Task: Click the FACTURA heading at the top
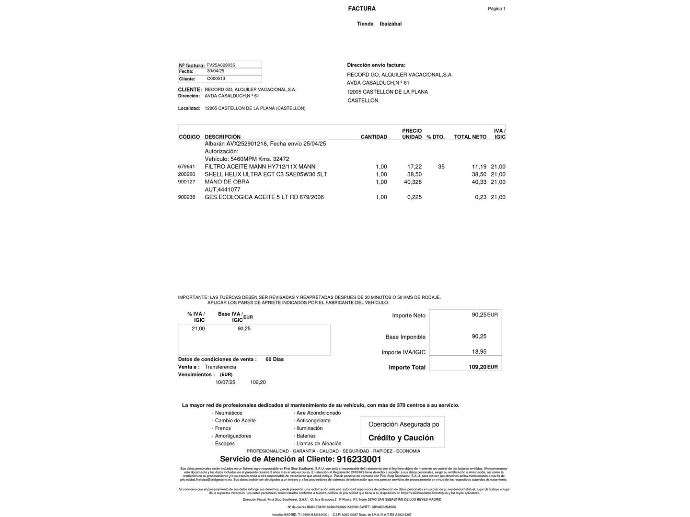pyautogui.click(x=362, y=9)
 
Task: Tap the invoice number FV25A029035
pyautogui.click(x=220, y=65)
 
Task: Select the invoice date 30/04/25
pyautogui.click(x=216, y=71)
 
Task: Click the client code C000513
pyautogui.click(x=216, y=79)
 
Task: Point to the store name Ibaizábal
pyautogui.click(x=391, y=24)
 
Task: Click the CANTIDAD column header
pyautogui.click(x=374, y=137)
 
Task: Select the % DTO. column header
pyautogui.click(x=435, y=137)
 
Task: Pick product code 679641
pyautogui.click(x=186, y=167)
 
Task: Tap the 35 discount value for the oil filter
pyautogui.click(x=441, y=167)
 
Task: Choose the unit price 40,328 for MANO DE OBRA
pyautogui.click(x=413, y=182)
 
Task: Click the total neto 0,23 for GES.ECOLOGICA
pyautogui.click(x=481, y=197)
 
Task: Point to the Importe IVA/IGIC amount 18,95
pyautogui.click(x=479, y=352)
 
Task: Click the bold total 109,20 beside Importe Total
pyautogui.click(x=477, y=367)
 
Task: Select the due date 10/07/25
pyautogui.click(x=225, y=382)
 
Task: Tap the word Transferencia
pyautogui.click(x=220, y=367)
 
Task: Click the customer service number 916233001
pyautogui.click(x=359, y=460)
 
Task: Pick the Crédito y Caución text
pyautogui.click(x=401, y=438)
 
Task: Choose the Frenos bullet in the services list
pyautogui.click(x=223, y=428)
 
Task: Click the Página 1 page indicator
pyautogui.click(x=496, y=9)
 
